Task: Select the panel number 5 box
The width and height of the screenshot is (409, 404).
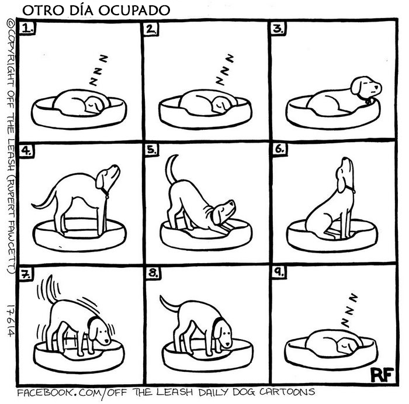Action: tap(152, 150)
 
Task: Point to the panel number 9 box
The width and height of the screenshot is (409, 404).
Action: tap(279, 272)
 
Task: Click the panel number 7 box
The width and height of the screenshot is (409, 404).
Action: tap(25, 272)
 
